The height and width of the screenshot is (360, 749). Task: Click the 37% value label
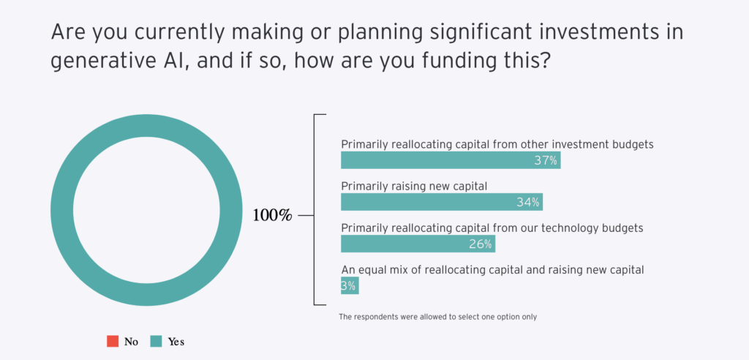(546, 161)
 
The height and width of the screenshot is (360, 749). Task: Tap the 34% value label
(528, 203)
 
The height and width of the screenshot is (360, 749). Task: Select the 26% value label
(480, 244)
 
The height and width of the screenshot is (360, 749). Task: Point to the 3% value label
(348, 286)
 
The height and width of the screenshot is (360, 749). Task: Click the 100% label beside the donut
(272, 216)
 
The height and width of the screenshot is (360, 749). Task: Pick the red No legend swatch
(113, 342)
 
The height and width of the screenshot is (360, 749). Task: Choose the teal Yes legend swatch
(157, 342)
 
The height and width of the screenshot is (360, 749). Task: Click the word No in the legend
(132, 342)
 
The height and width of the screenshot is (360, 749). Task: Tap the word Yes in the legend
(176, 342)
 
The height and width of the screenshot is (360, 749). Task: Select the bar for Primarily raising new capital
(442, 202)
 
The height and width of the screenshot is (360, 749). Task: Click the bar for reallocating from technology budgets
(418, 244)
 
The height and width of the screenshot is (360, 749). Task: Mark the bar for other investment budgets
(451, 160)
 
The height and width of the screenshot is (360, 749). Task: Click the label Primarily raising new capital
(414, 187)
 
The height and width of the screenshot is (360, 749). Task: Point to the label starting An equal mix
(492, 270)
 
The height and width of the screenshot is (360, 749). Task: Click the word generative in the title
(99, 63)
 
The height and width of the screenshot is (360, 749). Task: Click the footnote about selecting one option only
(438, 317)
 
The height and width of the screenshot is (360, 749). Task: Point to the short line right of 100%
(306, 216)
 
